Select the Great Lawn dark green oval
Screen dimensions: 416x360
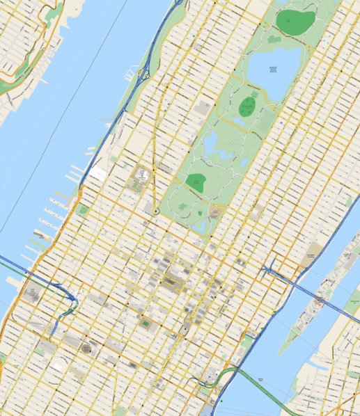[x=247, y=106]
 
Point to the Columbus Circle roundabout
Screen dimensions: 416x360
[x=157, y=211]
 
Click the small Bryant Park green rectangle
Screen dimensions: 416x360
[x=146, y=323]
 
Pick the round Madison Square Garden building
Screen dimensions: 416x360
[x=86, y=347]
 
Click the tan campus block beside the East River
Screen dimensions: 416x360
[x=315, y=253]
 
